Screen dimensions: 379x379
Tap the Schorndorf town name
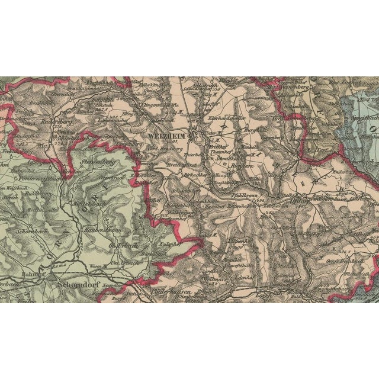[78, 283]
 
